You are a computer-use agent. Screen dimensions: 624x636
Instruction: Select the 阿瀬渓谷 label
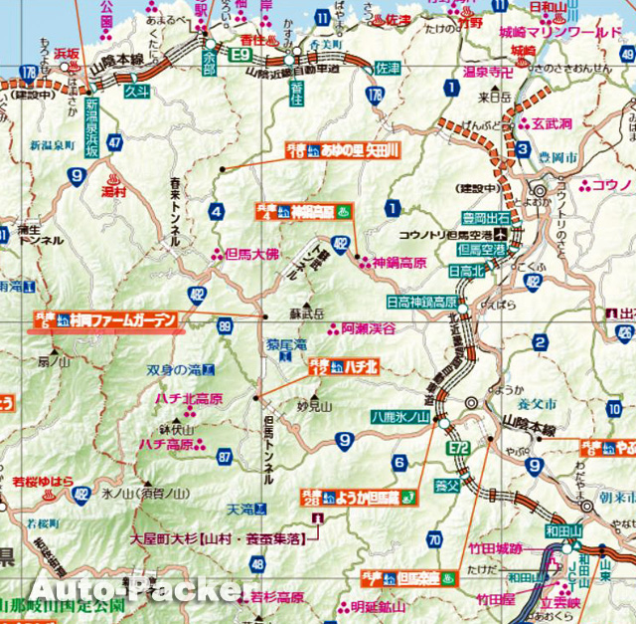[x=368, y=327]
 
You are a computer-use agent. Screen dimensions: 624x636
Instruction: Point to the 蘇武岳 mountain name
[x=307, y=313]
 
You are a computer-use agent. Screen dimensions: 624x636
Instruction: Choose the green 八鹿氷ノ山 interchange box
[x=400, y=416]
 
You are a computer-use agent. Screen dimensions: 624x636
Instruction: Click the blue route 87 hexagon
[x=225, y=457]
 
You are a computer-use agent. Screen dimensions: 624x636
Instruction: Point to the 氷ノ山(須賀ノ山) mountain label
[x=145, y=493]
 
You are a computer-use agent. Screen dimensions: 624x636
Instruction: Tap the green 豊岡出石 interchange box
[x=485, y=218]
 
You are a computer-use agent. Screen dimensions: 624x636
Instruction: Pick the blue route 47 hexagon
[x=116, y=142]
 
